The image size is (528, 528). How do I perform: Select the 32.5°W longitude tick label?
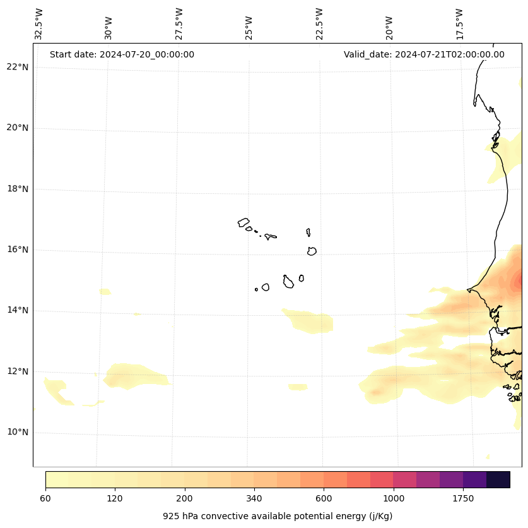[39, 24]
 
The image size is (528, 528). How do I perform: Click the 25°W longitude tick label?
[249, 28]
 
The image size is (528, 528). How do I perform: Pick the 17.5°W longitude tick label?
[460, 24]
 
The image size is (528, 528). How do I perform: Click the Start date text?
[122, 54]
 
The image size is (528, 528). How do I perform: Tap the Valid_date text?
[424, 54]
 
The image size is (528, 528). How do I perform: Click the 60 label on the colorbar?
[45, 498]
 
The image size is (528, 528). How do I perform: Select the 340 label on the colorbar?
[254, 498]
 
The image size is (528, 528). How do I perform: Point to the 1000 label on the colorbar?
[394, 498]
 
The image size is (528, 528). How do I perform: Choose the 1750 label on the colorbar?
[463, 498]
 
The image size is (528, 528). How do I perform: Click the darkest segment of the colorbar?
[498, 479]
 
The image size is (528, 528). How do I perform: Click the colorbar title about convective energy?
[278, 516]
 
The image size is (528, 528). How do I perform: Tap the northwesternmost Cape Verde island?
[243, 222]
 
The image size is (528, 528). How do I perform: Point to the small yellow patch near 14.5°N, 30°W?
[105, 292]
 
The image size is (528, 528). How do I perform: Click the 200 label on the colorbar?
[185, 498]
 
